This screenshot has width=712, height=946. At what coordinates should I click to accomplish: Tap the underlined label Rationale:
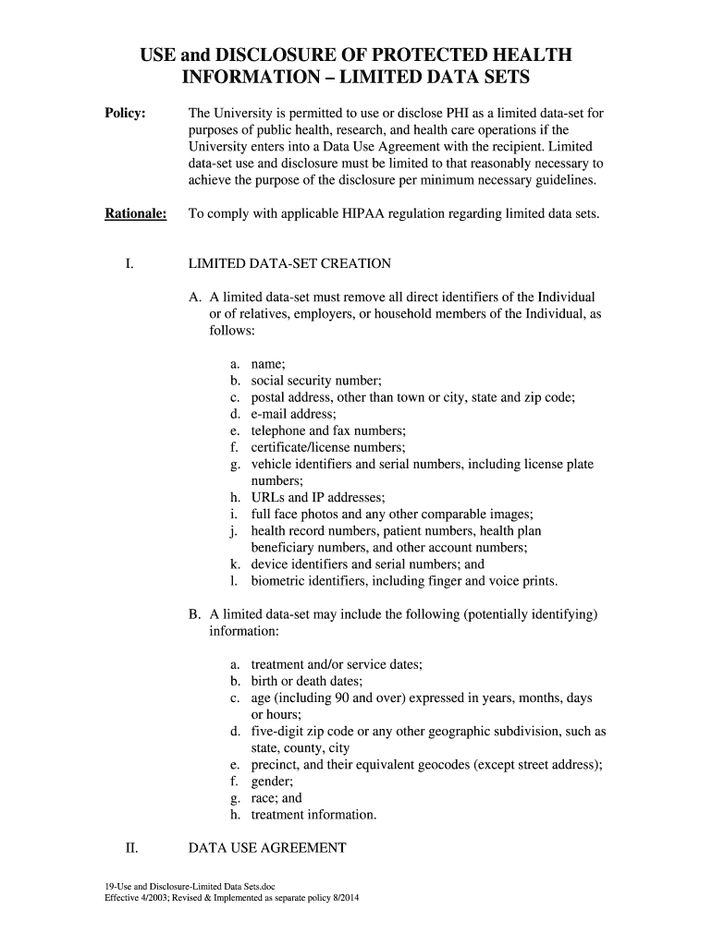coord(135,213)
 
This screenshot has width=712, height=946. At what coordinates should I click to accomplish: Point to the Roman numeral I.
coord(129,263)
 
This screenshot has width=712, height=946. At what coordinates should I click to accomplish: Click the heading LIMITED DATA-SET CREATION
coord(289,263)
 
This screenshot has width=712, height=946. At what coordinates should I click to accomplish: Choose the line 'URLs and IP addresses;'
coord(312,497)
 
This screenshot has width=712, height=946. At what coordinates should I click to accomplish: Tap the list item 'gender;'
coord(272,781)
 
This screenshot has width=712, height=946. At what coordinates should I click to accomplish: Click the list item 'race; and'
coord(276,798)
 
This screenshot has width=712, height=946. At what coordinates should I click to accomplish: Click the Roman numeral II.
coord(131,847)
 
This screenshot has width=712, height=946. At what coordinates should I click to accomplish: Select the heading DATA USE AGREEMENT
coord(267,847)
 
